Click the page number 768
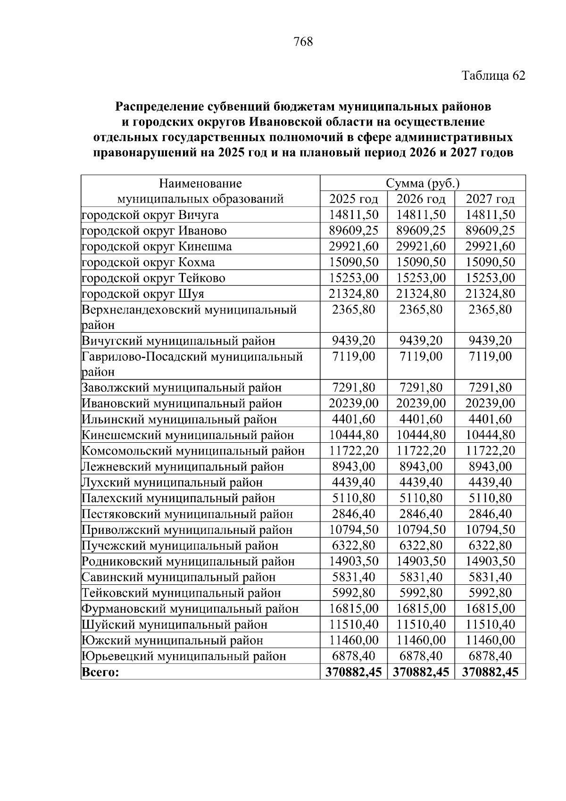303,42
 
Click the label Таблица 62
493,76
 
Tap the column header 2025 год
353,199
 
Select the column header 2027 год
490,199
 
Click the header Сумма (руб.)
423,183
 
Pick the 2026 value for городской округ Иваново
421,230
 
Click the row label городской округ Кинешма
157,246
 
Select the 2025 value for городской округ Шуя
353,294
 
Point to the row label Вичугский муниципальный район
178,341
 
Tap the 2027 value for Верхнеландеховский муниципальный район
490,310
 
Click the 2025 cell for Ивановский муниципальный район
353,404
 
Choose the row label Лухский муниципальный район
172,482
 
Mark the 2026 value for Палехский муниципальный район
421,498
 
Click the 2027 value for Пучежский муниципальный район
490,546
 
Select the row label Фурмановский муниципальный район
190,609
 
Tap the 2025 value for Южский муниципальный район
353,641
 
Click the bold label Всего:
100,672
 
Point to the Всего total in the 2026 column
421,672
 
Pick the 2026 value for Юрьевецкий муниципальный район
421,656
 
